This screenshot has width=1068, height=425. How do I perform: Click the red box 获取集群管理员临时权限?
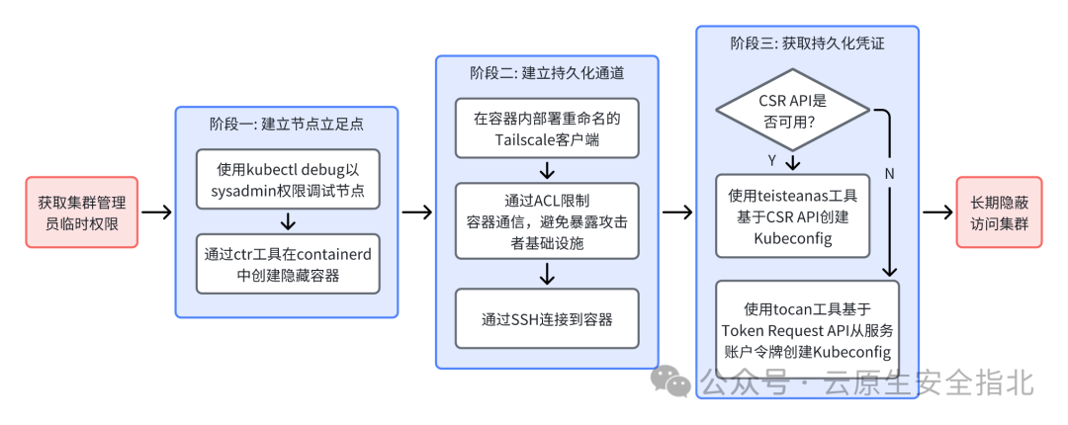click(x=82, y=212)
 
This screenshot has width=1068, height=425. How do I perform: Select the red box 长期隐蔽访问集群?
click(x=999, y=212)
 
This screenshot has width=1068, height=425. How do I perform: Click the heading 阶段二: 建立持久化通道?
click(x=547, y=73)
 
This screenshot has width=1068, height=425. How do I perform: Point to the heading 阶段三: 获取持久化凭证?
click(x=807, y=43)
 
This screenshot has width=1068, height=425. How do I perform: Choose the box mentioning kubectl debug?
click(x=287, y=179)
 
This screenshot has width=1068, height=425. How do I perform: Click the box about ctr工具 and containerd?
click(x=287, y=264)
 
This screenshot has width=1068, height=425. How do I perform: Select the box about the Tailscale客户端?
click(x=547, y=127)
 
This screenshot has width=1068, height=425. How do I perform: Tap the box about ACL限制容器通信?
click(x=547, y=219)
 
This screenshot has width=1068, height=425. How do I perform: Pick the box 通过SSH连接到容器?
click(x=547, y=319)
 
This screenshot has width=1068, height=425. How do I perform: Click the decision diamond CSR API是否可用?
click(x=792, y=111)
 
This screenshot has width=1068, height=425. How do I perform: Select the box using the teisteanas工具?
click(x=793, y=214)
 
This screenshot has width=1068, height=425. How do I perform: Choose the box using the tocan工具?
click(x=807, y=322)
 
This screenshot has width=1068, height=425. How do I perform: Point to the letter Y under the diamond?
click(x=770, y=160)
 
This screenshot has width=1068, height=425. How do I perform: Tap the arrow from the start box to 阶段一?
click(x=156, y=212)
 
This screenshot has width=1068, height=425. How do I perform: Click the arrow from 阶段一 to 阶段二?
click(x=416, y=212)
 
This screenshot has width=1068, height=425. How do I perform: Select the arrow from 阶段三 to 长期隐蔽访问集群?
click(x=936, y=212)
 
